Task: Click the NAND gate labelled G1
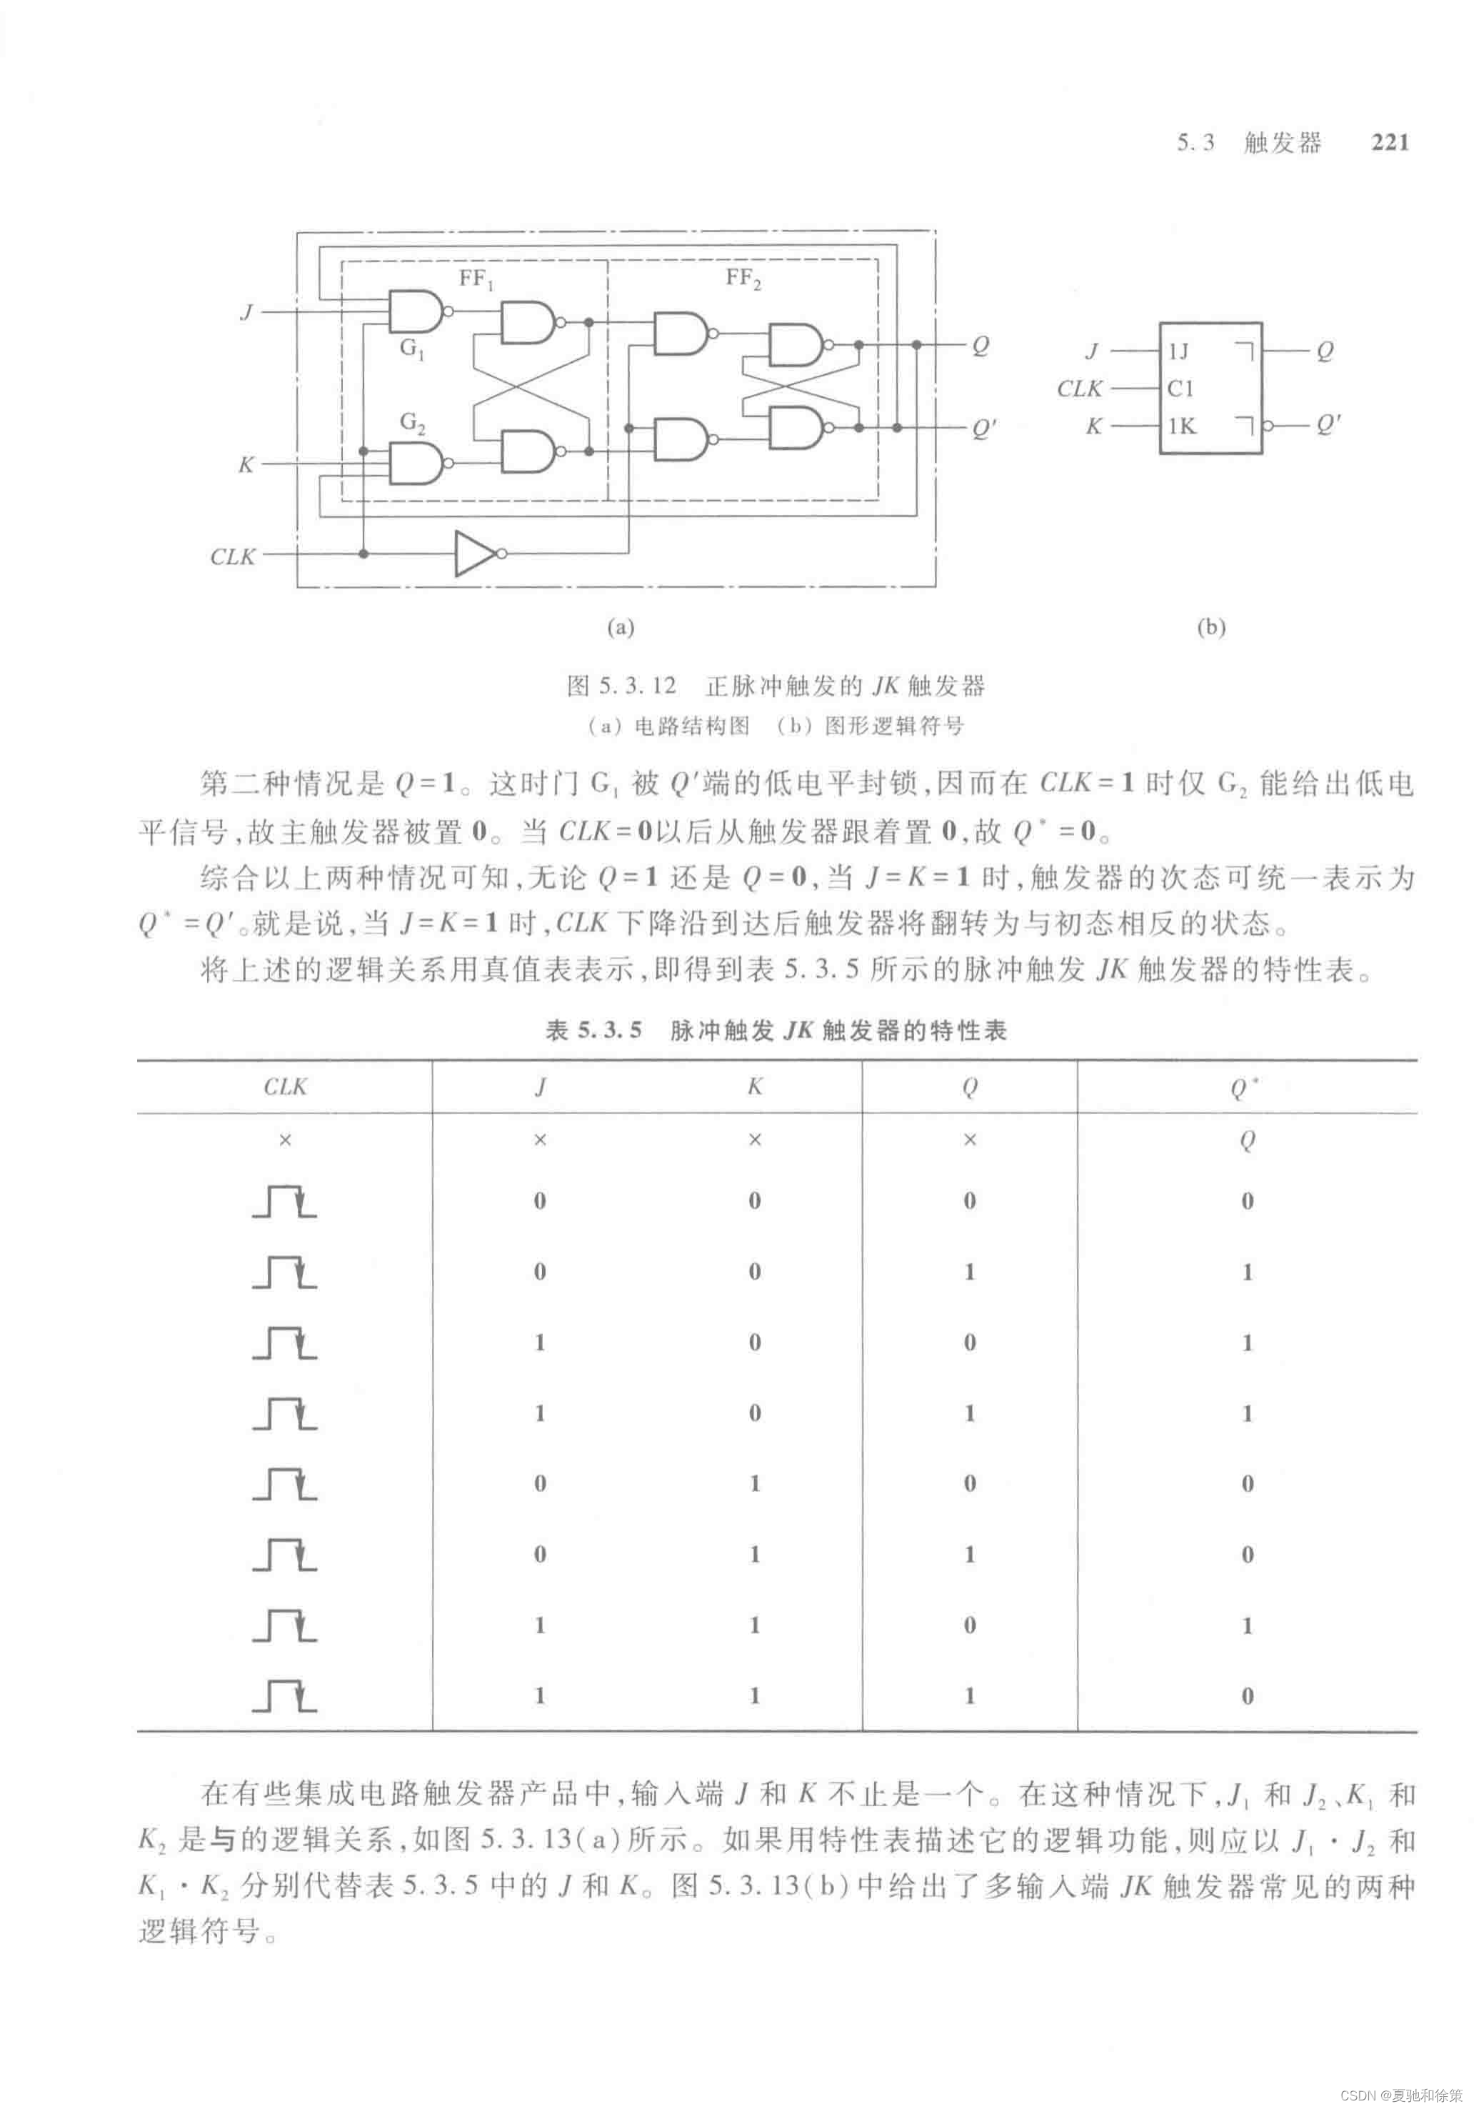[415, 311]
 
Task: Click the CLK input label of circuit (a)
[232, 556]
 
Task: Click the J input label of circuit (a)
[246, 312]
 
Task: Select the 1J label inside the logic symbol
[1178, 351]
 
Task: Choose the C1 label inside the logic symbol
[1180, 389]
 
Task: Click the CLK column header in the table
[285, 1087]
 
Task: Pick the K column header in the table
[755, 1087]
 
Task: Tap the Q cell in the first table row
[1246, 1141]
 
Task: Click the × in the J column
[540, 1141]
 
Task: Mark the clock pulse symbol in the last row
[285, 1695]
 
